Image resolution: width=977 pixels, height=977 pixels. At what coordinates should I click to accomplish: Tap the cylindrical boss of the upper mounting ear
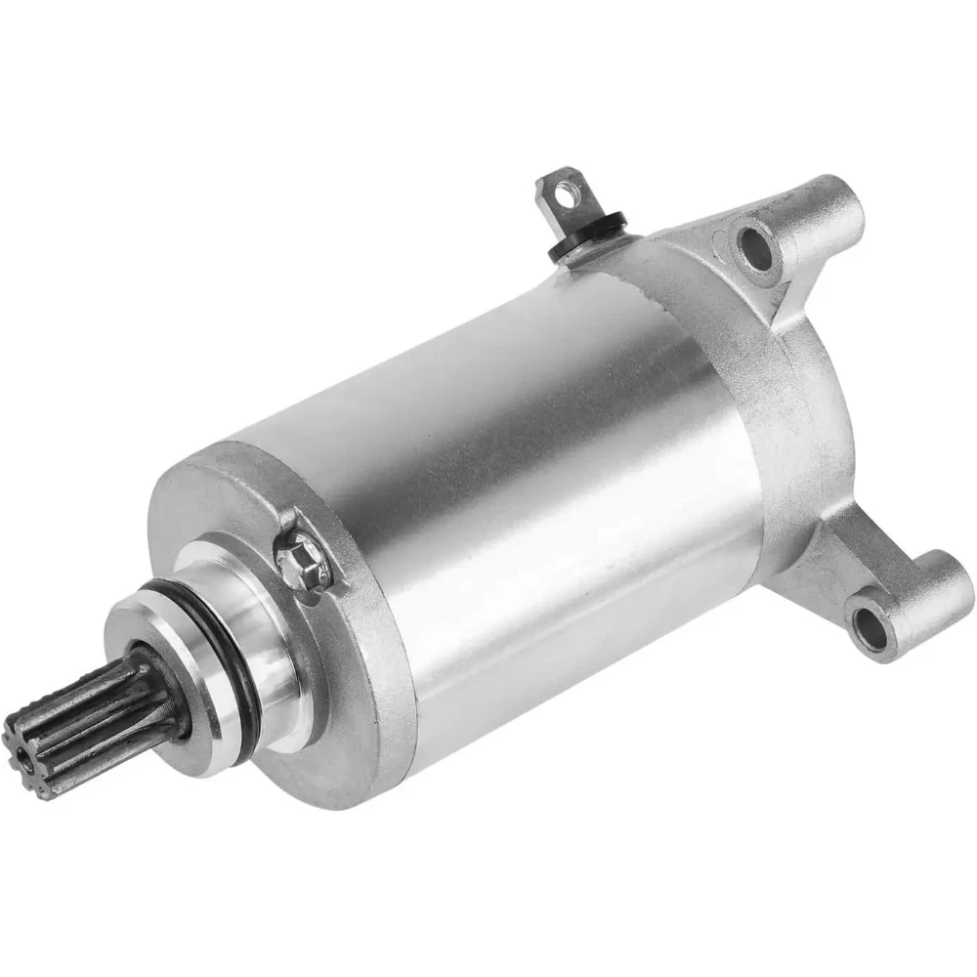click(830, 210)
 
